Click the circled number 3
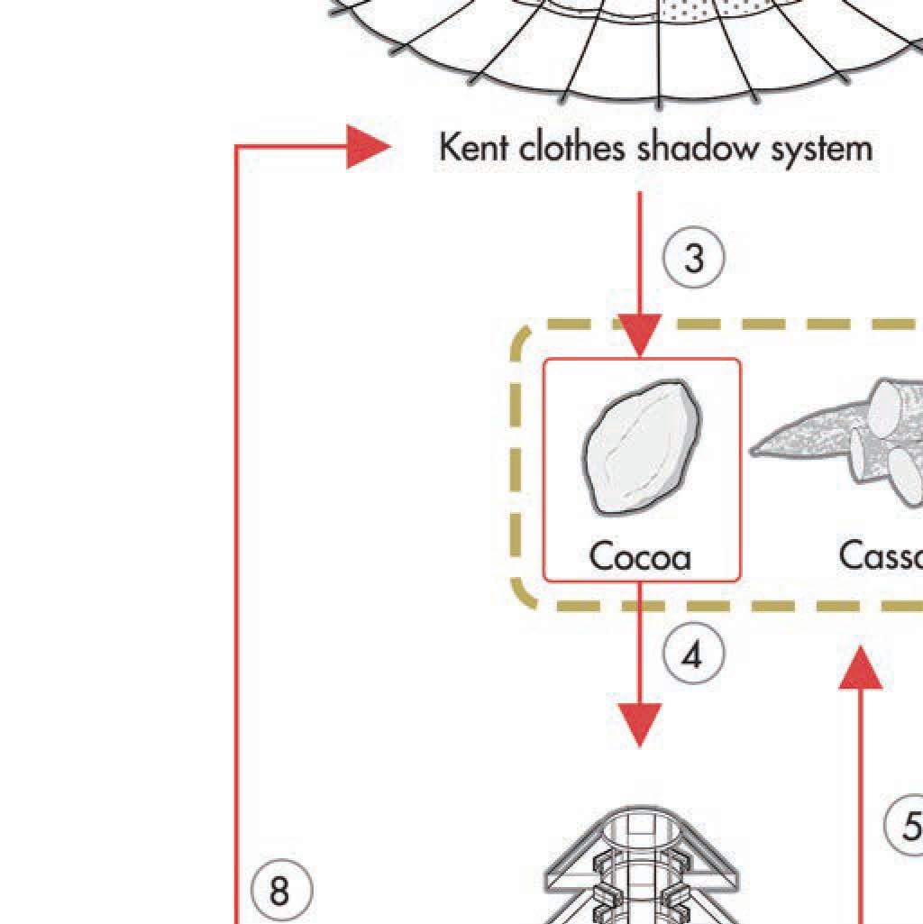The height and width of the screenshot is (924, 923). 693,259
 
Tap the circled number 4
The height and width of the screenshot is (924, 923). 691,656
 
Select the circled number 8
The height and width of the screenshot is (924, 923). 279,892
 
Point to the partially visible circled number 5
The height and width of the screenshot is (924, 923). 905,825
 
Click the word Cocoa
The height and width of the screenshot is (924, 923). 640,557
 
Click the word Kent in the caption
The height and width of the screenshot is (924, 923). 474,147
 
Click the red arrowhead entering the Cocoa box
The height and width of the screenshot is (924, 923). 640,336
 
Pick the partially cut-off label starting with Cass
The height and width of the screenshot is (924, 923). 880,556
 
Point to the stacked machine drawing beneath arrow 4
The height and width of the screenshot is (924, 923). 641,865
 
